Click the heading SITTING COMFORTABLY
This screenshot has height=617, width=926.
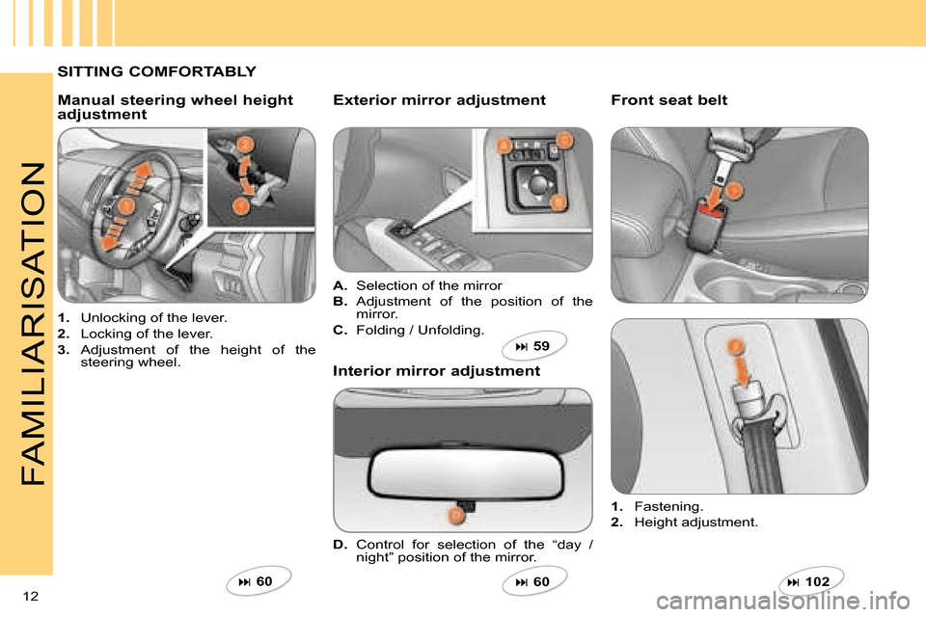tap(157, 71)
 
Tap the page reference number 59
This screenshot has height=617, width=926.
tap(541, 346)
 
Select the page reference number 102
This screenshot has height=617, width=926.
tap(817, 581)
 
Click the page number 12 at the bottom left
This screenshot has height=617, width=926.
tap(31, 596)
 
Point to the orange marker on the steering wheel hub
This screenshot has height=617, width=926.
tap(125, 205)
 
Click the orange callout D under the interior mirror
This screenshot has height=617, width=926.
tap(456, 516)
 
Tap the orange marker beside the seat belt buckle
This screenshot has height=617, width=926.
tap(733, 191)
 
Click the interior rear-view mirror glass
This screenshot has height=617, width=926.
tap(466, 472)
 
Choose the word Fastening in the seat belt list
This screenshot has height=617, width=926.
tap(667, 506)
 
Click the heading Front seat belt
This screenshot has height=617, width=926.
tap(669, 100)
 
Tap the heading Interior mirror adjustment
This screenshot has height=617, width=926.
tap(436, 371)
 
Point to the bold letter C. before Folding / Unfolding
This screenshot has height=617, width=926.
tap(340, 330)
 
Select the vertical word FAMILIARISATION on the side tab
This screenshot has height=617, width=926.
tap(33, 324)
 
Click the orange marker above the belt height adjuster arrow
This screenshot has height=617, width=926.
tap(735, 347)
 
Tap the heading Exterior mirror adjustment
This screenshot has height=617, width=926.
tap(440, 100)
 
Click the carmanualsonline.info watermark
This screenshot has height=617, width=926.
tap(783, 602)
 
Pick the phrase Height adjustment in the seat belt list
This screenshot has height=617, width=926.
tap(694, 523)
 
